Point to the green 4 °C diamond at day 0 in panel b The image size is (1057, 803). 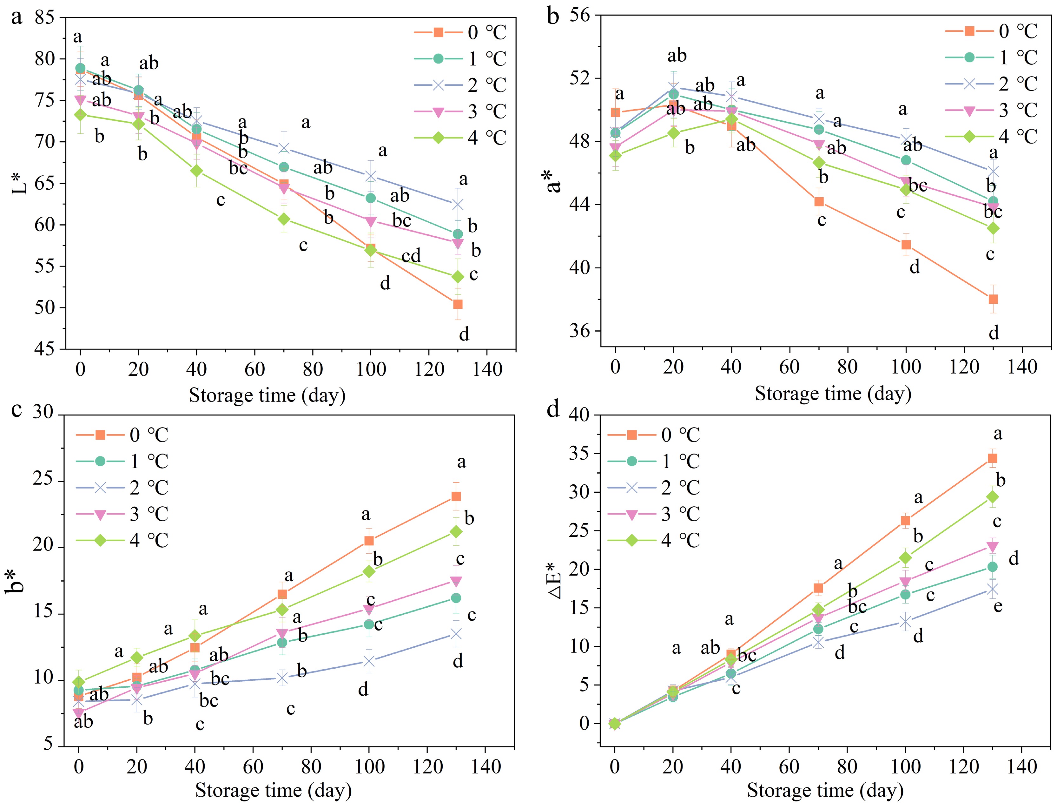pos(616,155)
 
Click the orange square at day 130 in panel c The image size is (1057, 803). pos(456,496)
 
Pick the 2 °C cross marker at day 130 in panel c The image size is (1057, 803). pos(456,634)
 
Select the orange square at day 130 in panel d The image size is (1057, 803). pos(993,458)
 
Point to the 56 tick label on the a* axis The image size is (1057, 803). pos(579,15)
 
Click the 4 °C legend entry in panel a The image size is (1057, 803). pos(486,138)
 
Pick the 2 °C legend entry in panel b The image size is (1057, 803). pos(1018,84)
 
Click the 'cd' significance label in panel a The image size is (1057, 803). pos(411,256)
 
